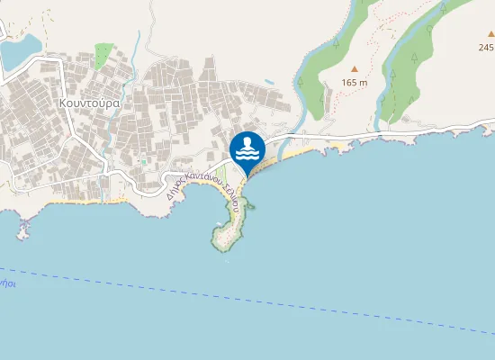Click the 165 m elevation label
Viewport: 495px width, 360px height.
pyautogui.click(x=355, y=83)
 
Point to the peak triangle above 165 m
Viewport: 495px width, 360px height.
pyautogui.click(x=355, y=68)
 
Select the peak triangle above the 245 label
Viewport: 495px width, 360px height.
pyautogui.click(x=490, y=33)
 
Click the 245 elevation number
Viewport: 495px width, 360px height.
pyautogui.click(x=487, y=48)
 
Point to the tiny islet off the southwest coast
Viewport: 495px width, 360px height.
pyautogui.click(x=22, y=233)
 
